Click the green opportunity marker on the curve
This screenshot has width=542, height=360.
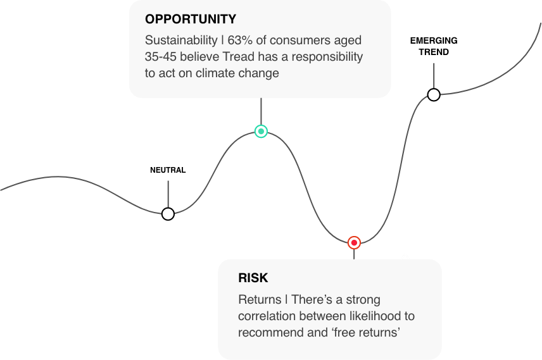coord(261,132)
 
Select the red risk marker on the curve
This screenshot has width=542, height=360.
coord(354,243)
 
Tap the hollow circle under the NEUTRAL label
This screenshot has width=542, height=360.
coord(168,214)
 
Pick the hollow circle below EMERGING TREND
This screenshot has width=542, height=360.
coord(434,95)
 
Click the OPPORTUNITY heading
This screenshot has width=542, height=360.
coord(191,20)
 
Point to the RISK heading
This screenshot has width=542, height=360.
coord(253,278)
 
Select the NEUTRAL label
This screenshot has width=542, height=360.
coord(168,170)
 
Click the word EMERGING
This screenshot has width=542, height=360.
coord(434,40)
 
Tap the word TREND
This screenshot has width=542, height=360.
coord(434,52)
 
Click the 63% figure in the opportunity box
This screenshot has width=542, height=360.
coord(240,40)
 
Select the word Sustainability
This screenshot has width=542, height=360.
coord(181,40)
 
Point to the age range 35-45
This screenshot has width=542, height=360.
coord(161,57)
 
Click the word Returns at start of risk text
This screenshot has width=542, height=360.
coord(260,299)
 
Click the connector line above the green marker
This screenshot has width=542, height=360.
coord(261,111)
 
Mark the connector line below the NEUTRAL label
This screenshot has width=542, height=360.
coord(168,194)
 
